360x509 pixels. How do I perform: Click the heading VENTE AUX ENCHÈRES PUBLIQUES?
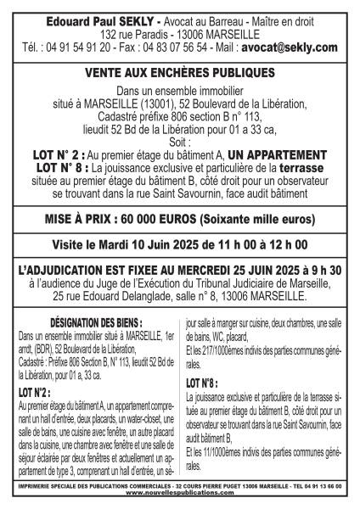pyautogui.click(x=180, y=76)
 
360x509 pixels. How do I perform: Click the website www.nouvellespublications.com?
pyautogui.click(x=180, y=499)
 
